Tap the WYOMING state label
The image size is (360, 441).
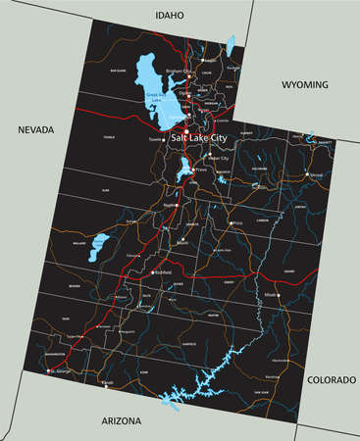[x=305, y=85]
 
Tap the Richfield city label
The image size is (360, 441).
[x=165, y=271]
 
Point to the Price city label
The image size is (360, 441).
[x=235, y=224]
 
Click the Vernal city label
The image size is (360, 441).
[x=315, y=174]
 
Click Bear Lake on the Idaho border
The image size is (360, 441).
[x=231, y=45]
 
